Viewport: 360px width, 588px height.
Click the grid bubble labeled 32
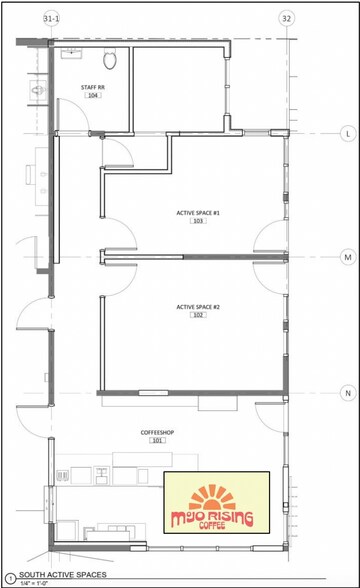point(287,19)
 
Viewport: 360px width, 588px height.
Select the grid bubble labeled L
point(347,132)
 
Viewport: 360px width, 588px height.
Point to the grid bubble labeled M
point(347,257)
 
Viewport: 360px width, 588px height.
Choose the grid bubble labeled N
point(347,392)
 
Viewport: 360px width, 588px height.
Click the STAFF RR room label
point(92,87)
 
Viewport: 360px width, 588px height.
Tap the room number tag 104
point(93,96)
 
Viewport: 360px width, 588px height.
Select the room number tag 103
point(197,221)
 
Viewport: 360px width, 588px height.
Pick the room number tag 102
point(197,316)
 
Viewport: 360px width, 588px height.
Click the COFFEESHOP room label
point(157,431)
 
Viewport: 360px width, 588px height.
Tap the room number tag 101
point(157,441)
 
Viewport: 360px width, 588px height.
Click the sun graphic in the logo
point(215,497)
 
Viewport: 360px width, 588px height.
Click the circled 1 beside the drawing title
point(9,577)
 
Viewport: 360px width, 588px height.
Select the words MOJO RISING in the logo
point(215,518)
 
